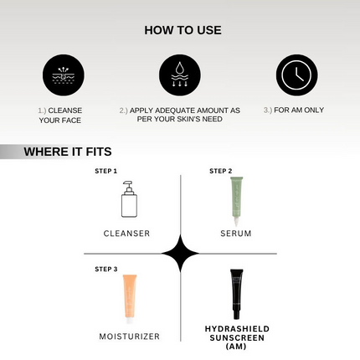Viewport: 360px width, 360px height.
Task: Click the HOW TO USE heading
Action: click(183, 30)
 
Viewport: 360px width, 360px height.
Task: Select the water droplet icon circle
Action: click(180, 75)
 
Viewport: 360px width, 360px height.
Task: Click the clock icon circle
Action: click(296, 75)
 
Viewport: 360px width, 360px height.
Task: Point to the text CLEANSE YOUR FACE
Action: click(60, 115)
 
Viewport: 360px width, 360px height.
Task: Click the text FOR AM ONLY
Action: click(293, 110)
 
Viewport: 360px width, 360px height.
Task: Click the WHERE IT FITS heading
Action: click(67, 152)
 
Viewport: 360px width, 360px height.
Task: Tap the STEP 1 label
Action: click(105, 171)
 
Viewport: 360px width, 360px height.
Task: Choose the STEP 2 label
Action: click(221, 171)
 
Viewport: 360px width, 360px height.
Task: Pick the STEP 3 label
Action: click(105, 269)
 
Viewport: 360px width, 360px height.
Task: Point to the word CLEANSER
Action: click(126, 233)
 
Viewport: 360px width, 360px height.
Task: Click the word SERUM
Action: click(236, 233)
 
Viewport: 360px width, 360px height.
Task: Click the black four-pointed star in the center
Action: click(180, 253)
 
